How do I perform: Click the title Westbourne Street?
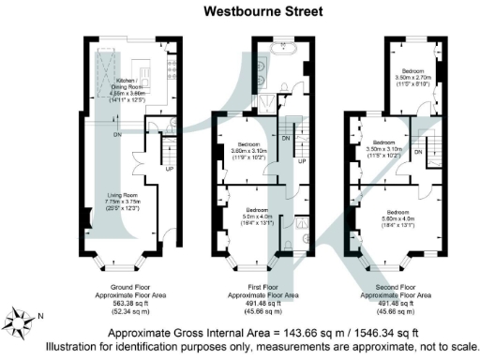[262, 12]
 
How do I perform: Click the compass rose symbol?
[22, 322]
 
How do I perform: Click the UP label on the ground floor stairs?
[169, 170]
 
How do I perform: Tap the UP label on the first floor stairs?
[302, 161]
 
